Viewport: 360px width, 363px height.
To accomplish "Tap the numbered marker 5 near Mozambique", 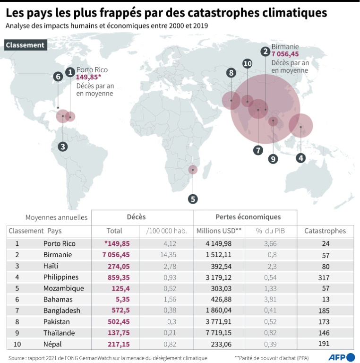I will pyautogui.click(x=192, y=199).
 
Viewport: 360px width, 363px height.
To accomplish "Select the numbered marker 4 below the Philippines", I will pyautogui.click(x=300, y=158).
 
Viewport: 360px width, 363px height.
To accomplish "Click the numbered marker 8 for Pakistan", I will pyautogui.click(x=231, y=73).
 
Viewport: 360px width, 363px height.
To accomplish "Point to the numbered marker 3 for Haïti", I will pyautogui.click(x=63, y=147).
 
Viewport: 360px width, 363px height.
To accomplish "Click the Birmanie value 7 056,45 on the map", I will pyautogui.click(x=285, y=54).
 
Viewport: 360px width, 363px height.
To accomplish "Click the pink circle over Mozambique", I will pyautogui.click(x=192, y=170).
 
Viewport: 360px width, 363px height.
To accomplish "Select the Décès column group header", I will pyautogui.click(x=136, y=217).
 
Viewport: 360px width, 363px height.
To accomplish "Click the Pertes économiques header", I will pyautogui.click(x=248, y=217).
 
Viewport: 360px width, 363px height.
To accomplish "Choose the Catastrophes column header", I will pyautogui.click(x=325, y=231).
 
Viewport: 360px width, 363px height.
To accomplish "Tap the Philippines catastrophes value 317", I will pyautogui.click(x=325, y=277).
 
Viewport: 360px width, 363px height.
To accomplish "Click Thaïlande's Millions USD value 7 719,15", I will pyautogui.click(x=219, y=333).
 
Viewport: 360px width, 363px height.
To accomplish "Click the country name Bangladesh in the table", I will pyautogui.click(x=61, y=311).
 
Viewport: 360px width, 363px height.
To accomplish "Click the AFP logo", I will pyautogui.click(x=341, y=357).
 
